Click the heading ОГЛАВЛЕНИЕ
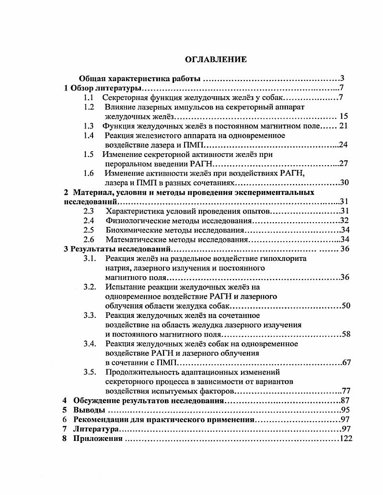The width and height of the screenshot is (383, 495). click(216, 59)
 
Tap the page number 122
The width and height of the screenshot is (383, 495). click(346, 439)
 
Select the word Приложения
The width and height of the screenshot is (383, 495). click(98, 439)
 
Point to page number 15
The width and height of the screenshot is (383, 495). click(343, 116)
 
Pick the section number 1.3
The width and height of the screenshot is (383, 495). click(88, 126)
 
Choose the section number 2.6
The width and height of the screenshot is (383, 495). click(88, 239)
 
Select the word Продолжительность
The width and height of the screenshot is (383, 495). click(139, 371)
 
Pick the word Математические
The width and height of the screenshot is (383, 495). click(134, 239)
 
